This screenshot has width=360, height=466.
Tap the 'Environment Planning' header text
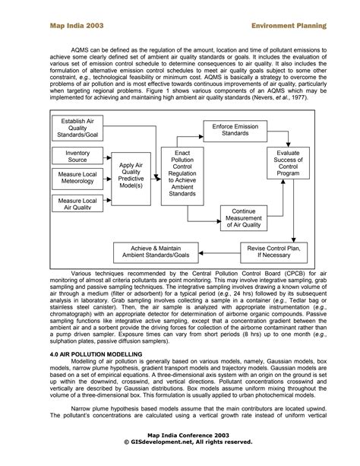point(289,25)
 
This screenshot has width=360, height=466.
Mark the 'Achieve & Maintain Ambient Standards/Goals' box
point(161,251)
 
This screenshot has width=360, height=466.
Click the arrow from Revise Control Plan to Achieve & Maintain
point(226,251)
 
